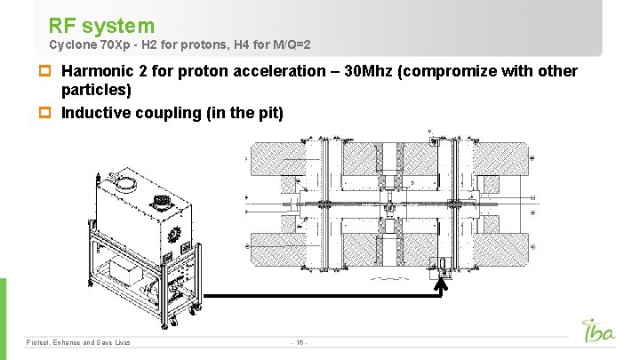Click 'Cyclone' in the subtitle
68,44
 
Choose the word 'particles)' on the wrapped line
96,91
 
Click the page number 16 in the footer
300,342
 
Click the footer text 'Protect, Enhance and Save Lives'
78,342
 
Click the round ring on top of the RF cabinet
125,186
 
